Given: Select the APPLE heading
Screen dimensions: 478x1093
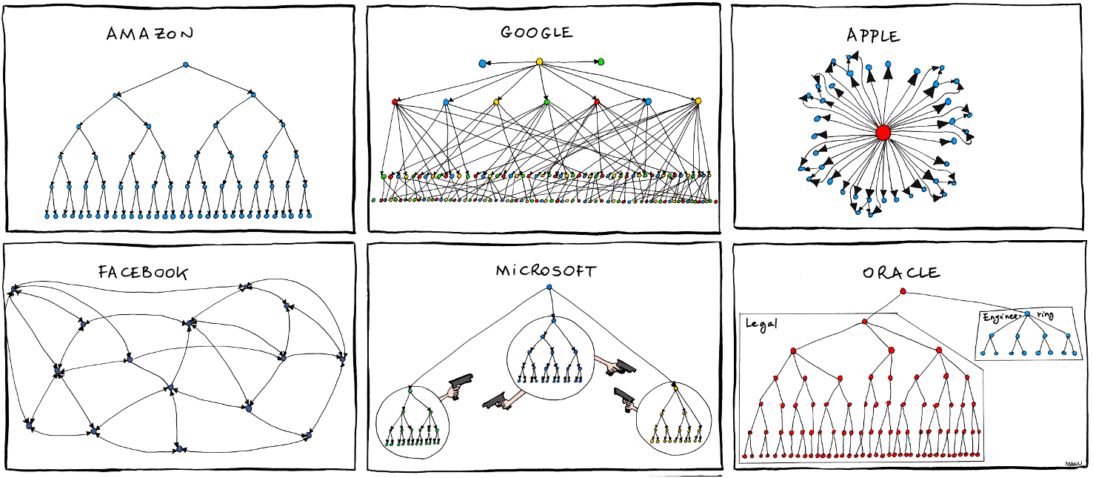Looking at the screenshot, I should click(x=874, y=36).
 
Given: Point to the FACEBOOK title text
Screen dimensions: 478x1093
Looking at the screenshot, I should click(x=143, y=272).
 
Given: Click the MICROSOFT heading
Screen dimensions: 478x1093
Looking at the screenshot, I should click(x=545, y=270).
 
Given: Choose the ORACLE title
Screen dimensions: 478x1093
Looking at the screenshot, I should click(x=901, y=273).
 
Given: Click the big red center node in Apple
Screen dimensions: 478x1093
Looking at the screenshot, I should click(x=883, y=133).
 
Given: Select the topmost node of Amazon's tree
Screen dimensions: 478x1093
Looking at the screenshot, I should click(x=185, y=65).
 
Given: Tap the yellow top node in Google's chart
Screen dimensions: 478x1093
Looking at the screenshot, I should click(x=540, y=62).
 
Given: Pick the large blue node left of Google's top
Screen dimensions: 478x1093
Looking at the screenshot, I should click(x=483, y=64).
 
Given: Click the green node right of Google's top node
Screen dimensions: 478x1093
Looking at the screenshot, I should click(x=601, y=62).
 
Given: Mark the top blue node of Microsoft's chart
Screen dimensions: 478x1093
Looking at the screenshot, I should click(x=549, y=287).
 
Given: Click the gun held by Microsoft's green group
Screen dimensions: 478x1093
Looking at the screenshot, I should click(x=461, y=385).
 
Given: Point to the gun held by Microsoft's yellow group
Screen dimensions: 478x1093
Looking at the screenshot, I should click(x=624, y=398).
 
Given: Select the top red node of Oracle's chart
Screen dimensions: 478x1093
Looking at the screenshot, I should click(x=903, y=291).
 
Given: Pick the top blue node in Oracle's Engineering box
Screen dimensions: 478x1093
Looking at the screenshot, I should click(x=1027, y=314).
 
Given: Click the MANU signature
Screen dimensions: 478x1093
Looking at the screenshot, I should click(x=1074, y=465).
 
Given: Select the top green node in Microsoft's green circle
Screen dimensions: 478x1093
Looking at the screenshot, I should click(x=410, y=390).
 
